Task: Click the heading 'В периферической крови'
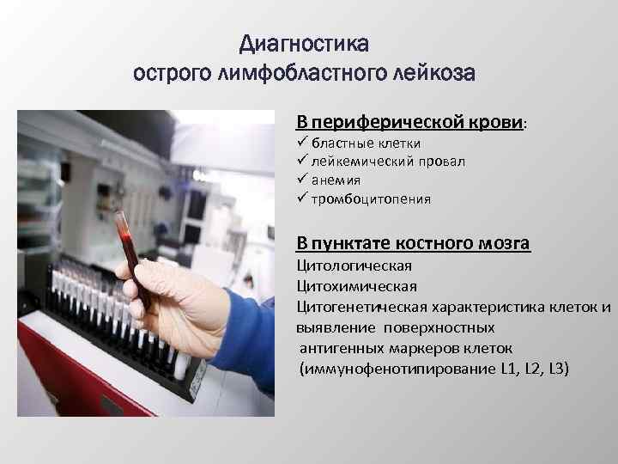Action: tap(410, 122)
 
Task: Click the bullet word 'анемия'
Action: tap(336, 180)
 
